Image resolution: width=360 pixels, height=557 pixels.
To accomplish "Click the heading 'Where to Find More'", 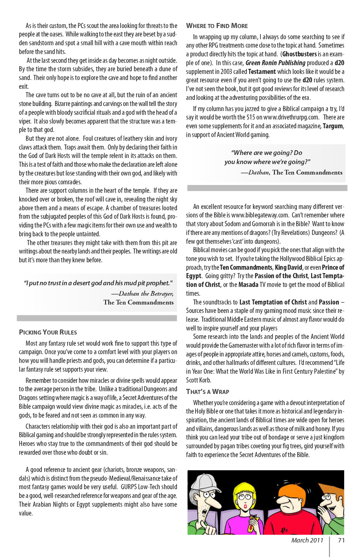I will click(x=217, y=26).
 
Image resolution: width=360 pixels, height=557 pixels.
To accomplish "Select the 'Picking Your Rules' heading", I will click(x=48, y=332).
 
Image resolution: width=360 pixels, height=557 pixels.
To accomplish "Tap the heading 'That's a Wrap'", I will click(x=208, y=392).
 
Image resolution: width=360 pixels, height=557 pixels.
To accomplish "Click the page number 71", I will click(x=341, y=540).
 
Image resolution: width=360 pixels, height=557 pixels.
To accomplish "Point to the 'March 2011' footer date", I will click(x=307, y=540).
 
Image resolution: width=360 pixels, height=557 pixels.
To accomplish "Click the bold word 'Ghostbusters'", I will click(x=300, y=54).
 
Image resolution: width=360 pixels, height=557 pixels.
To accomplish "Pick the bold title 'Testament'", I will click(x=262, y=72).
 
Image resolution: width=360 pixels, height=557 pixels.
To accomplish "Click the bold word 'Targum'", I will click(x=333, y=126).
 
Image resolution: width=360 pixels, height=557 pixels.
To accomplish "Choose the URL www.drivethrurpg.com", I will click(x=291, y=117).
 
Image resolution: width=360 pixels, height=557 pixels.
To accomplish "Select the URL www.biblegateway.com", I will click(x=260, y=215).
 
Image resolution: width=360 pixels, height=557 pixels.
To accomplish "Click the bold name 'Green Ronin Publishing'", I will click(x=275, y=63).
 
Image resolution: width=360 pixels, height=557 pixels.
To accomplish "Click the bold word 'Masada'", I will click(x=248, y=285).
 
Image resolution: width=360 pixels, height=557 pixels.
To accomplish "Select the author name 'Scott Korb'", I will click(x=199, y=380).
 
